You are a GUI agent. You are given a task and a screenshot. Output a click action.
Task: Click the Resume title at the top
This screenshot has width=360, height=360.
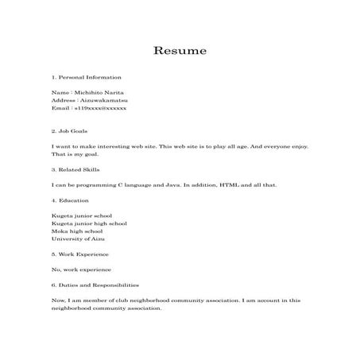click(180, 51)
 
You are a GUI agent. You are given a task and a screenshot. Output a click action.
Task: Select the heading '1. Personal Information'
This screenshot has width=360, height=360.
click(86, 77)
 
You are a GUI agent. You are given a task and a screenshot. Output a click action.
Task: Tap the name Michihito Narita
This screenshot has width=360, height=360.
click(99, 93)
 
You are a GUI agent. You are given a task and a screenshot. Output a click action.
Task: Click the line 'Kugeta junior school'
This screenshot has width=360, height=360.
click(81, 215)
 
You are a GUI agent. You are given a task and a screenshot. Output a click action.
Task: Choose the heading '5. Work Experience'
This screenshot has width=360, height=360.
click(80, 254)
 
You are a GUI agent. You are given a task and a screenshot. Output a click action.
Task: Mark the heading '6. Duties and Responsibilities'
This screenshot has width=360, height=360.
click(95, 284)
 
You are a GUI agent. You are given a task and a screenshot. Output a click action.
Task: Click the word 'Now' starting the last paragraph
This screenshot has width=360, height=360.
click(57, 300)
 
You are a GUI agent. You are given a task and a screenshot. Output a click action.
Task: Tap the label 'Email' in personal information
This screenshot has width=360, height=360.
click(59, 108)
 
